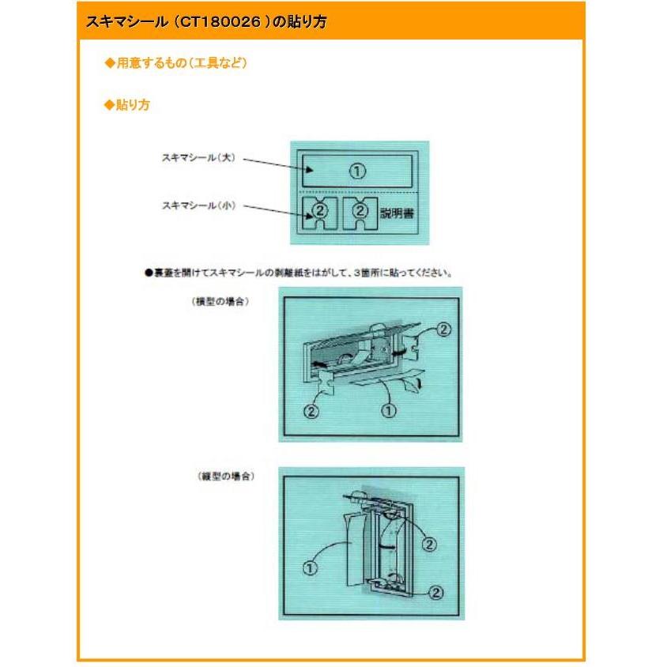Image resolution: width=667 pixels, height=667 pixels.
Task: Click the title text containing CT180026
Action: [x=206, y=22]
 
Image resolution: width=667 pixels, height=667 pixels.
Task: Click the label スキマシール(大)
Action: [x=198, y=159]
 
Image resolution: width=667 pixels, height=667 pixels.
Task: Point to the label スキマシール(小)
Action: [x=198, y=205]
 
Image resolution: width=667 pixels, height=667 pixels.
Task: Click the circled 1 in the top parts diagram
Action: [x=357, y=171]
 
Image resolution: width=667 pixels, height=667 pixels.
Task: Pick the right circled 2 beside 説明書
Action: [x=360, y=211]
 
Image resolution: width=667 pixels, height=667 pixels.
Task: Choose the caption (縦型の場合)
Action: [x=227, y=477]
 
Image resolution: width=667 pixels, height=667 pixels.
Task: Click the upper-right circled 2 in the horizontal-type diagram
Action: [x=443, y=330]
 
